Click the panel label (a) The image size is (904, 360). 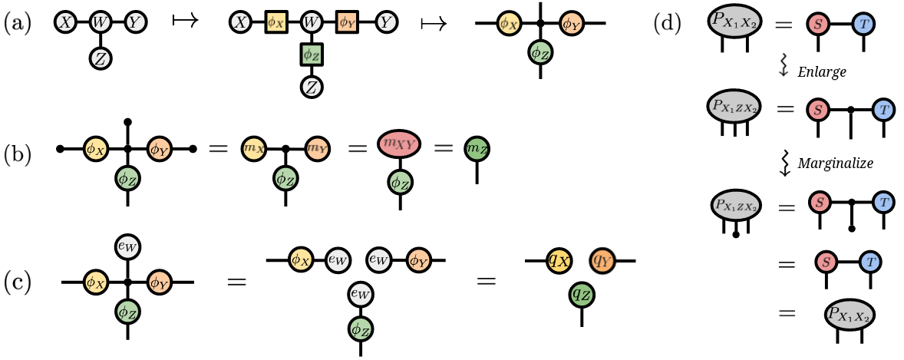tap(18, 24)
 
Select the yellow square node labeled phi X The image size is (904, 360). tap(276, 23)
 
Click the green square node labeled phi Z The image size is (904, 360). tap(310, 54)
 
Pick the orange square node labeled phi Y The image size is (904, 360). tap(345, 23)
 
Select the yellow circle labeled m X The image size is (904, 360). tap(253, 147)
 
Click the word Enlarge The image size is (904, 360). tap(822, 71)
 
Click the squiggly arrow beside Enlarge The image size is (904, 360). tap(784, 69)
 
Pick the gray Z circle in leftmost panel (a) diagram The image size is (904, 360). tap(100, 57)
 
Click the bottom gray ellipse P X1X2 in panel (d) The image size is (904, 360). tap(850, 313)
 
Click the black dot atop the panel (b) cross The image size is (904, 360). tap(128, 122)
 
